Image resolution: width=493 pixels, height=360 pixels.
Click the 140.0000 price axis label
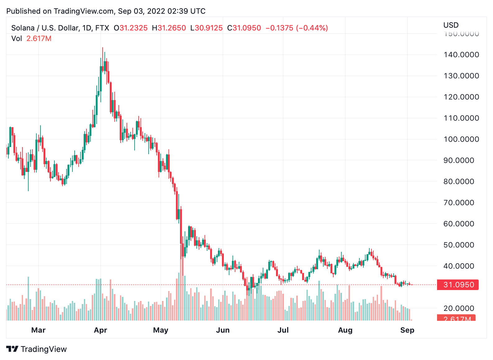tap(461, 55)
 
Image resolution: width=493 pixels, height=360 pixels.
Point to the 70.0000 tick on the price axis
tap(459, 203)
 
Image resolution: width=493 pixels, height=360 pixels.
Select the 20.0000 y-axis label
tap(459, 308)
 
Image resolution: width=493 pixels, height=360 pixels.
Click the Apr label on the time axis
tap(100, 330)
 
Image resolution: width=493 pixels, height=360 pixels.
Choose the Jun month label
tap(223, 330)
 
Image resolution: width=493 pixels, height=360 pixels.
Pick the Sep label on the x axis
tap(407, 330)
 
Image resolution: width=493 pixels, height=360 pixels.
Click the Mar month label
tap(38, 330)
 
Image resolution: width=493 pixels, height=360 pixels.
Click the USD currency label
tap(451, 25)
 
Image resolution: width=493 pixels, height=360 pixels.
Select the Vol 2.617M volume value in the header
tap(39, 39)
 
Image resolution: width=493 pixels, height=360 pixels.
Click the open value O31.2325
tap(131, 28)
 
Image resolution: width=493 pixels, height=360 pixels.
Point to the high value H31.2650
tap(169, 28)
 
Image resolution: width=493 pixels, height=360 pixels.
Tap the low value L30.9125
tap(206, 28)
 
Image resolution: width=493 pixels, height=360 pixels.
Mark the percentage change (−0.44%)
tap(312, 28)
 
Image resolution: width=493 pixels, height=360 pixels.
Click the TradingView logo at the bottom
tap(36, 349)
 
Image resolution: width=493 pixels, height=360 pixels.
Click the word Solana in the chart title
tap(23, 28)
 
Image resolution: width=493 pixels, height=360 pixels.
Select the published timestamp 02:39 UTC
tap(187, 11)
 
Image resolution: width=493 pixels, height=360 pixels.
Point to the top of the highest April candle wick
tap(103, 48)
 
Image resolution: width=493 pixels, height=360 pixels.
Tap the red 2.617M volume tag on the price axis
tap(456, 318)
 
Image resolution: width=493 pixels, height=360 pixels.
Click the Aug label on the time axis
tap(345, 330)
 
